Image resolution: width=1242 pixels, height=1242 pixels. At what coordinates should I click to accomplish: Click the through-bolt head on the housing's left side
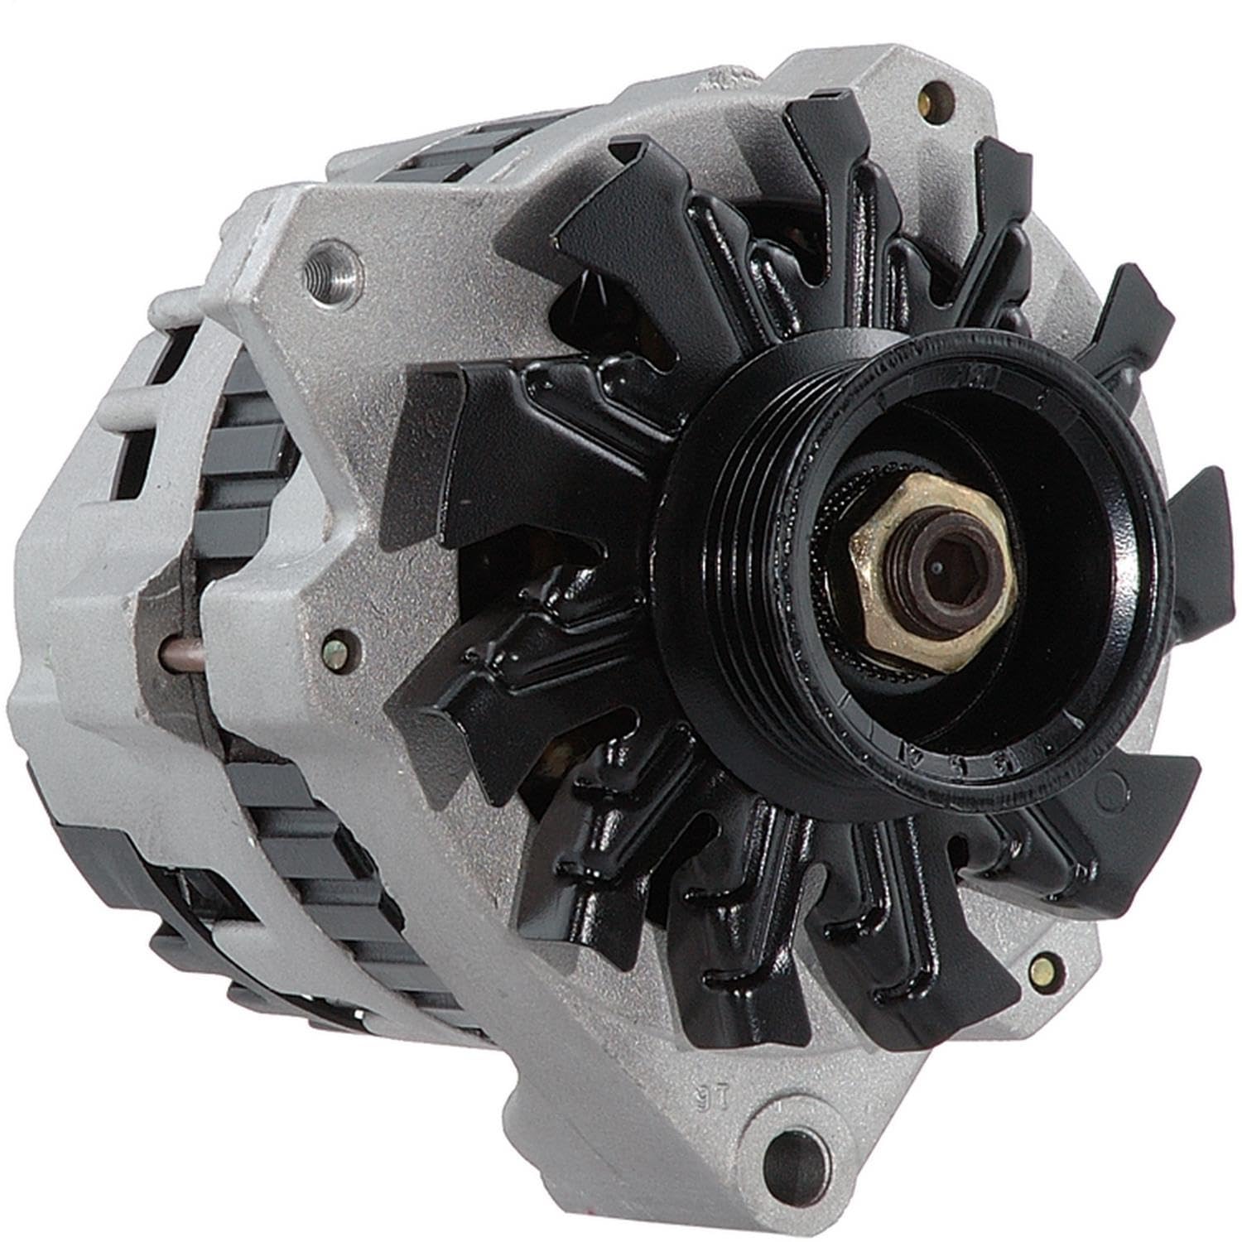point(337,643)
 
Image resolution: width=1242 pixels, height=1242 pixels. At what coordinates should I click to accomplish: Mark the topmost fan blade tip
point(828,124)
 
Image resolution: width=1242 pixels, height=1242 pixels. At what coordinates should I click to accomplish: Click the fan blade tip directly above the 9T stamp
point(729,994)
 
